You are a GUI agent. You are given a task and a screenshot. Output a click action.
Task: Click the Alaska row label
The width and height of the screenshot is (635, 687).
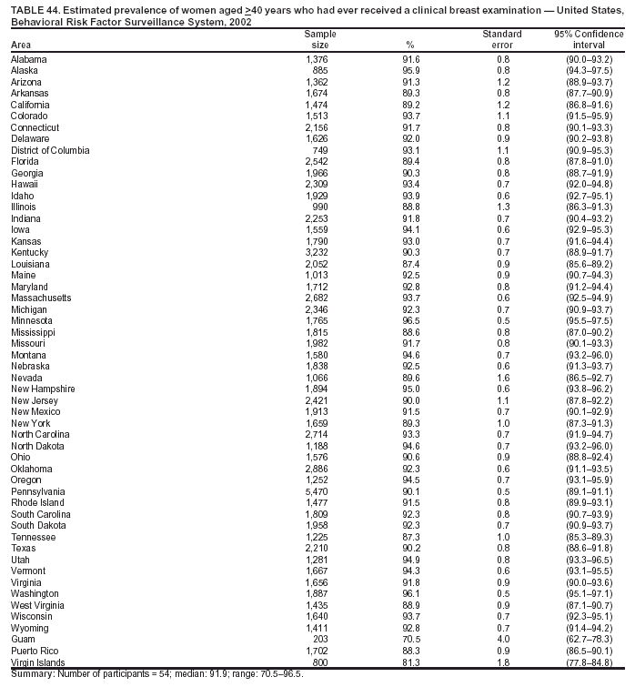[x=24, y=70]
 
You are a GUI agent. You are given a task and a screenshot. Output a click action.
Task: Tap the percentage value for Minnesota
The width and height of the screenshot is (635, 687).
[x=409, y=320]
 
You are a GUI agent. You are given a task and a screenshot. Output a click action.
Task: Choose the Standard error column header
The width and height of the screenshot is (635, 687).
[x=502, y=39]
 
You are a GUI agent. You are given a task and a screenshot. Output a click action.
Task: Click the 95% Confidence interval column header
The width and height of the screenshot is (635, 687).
[x=589, y=39]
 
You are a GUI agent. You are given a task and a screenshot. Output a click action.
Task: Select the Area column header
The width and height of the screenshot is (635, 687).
[x=21, y=45]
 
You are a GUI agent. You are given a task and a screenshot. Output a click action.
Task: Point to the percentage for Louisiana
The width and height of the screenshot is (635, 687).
[x=409, y=263]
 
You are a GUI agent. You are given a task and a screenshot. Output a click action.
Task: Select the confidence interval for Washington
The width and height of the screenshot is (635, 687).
[x=589, y=594]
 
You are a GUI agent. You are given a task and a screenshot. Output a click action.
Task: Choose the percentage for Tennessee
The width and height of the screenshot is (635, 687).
[x=409, y=537]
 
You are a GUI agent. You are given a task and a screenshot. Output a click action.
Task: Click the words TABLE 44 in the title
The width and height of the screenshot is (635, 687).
[x=35, y=7]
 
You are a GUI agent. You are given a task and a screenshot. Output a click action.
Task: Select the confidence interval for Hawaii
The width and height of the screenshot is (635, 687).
[x=589, y=184]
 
